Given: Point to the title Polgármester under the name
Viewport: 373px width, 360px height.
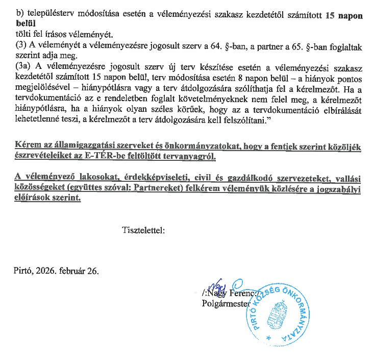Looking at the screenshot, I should pyautogui.click(x=223, y=304).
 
